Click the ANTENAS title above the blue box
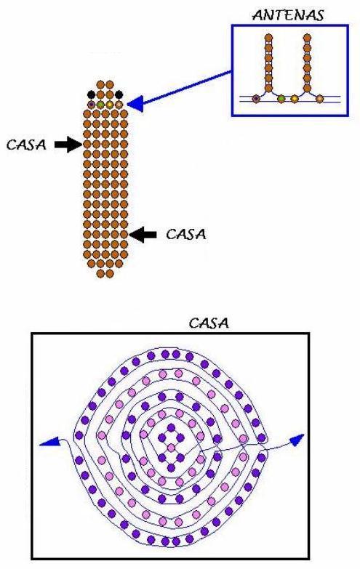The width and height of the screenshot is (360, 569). pos(288,15)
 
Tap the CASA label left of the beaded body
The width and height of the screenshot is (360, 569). pos(26,145)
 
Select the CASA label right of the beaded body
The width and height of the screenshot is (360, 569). pos(186,235)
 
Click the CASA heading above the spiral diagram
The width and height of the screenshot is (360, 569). pos(209,323)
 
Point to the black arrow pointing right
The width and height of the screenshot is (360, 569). pos(68,145)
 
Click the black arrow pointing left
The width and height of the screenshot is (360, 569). pos(143,235)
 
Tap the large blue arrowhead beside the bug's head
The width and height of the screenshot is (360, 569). pos(135,104)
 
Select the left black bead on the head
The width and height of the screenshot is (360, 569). pos(91,94)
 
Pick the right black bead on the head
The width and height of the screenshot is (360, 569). pos(119,94)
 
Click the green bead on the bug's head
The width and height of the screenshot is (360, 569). pos(100,105)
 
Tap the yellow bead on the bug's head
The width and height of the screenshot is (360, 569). pos(109,105)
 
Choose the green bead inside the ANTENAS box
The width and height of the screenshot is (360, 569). pos(281,98)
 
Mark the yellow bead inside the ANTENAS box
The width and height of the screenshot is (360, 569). pos(295,98)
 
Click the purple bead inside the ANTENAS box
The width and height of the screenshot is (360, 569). pos(256,98)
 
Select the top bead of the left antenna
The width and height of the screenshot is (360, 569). pos(268,37)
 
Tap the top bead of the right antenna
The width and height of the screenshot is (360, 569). pos(308,37)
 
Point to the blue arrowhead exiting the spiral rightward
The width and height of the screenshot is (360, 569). pos(297,439)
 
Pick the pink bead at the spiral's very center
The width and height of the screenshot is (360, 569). pos(171,447)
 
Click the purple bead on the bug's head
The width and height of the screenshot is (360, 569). pos(91,105)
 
